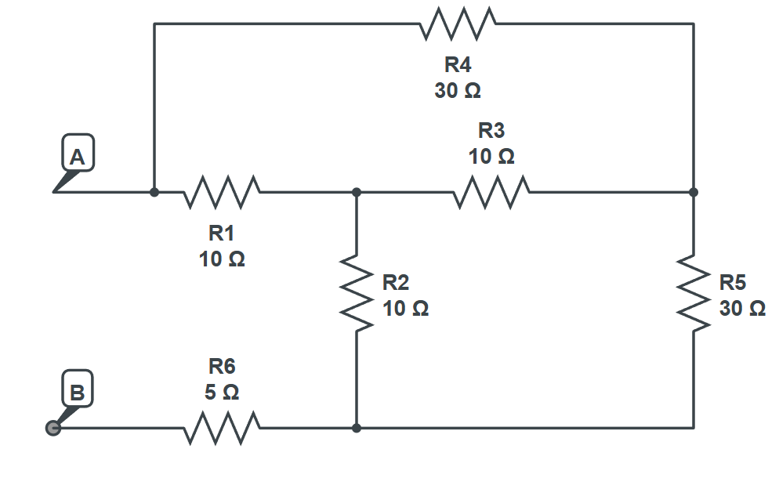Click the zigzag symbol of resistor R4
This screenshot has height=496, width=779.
[x=458, y=24]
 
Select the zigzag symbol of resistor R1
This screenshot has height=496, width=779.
[x=222, y=192]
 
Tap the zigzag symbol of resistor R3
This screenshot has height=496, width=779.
[x=491, y=192]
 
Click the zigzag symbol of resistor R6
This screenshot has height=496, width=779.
[x=222, y=429]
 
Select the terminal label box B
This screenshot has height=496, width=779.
[x=77, y=390]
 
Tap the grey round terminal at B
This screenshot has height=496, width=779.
[x=53, y=429]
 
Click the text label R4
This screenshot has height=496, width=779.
[x=458, y=66]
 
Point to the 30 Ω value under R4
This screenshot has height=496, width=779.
[x=458, y=91]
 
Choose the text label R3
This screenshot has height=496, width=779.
[x=491, y=131]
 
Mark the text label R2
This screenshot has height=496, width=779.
[x=395, y=282]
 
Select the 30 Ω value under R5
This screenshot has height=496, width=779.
[x=742, y=308]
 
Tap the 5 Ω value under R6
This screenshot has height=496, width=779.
[x=222, y=392]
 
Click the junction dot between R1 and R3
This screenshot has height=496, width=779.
[x=357, y=192]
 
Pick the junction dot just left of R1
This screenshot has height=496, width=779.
[x=154, y=192]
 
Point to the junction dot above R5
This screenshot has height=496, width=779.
[x=694, y=192]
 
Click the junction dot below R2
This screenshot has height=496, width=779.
[x=357, y=429]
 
